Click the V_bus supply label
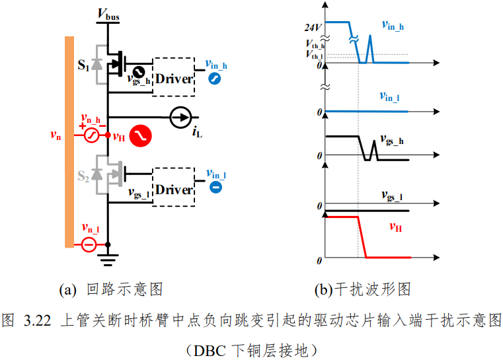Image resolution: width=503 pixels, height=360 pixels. click(x=108, y=14)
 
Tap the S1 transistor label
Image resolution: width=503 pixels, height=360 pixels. click(x=83, y=65)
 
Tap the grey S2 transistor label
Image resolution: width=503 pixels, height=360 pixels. click(x=83, y=176)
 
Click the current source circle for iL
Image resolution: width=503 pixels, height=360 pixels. click(x=180, y=118)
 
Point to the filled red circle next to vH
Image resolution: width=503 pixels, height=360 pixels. click(x=141, y=136)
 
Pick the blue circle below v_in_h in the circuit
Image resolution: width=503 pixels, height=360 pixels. click(x=214, y=79)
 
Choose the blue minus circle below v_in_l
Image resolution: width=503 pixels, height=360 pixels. click(x=215, y=187)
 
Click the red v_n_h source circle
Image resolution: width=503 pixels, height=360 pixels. click(x=91, y=135)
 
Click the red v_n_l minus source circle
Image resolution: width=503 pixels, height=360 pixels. click(x=89, y=245)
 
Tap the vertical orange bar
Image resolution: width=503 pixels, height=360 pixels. click(x=69, y=142)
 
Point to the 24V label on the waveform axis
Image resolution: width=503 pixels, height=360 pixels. click(x=313, y=28)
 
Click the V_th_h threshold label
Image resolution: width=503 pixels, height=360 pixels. click(x=315, y=44)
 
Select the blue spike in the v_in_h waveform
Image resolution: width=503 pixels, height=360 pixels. click(x=370, y=49)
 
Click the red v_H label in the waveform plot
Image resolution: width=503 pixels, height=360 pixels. click(x=395, y=227)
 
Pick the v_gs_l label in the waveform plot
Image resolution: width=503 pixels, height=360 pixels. click(x=391, y=196)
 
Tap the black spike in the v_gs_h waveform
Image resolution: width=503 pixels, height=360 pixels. click(x=373, y=150)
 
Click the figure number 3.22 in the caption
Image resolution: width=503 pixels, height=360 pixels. click(x=37, y=320)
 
